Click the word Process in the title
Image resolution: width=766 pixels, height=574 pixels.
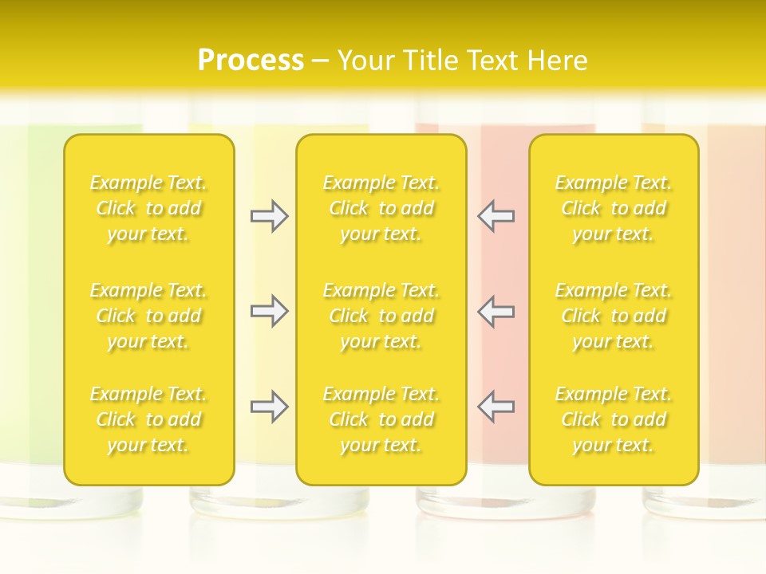pyautogui.click(x=251, y=60)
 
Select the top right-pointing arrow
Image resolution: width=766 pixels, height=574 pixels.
pyautogui.click(x=269, y=216)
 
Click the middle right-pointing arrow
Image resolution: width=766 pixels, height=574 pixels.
pyautogui.click(x=269, y=311)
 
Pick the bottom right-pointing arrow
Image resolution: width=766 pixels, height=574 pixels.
pyautogui.click(x=269, y=407)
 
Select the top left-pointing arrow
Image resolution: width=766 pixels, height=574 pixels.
pyautogui.click(x=496, y=216)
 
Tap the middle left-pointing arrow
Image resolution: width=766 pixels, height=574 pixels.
pyautogui.click(x=496, y=311)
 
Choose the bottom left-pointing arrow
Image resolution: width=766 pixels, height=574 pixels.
pyautogui.click(x=496, y=407)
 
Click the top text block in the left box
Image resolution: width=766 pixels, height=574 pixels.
pyautogui.click(x=148, y=208)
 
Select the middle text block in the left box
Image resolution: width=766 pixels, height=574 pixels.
pyautogui.click(x=148, y=316)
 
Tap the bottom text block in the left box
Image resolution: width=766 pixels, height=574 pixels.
pyautogui.click(x=148, y=419)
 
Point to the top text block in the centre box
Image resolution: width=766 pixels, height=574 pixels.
pyautogui.click(x=381, y=208)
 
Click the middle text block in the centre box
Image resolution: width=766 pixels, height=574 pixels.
pyautogui.click(x=381, y=316)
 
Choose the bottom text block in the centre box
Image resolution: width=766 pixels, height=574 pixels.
pyautogui.click(x=381, y=419)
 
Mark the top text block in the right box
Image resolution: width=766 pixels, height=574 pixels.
pyautogui.click(x=614, y=208)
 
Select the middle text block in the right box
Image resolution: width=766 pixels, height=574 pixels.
pyautogui.click(x=614, y=316)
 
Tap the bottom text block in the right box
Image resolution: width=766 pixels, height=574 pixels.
pyautogui.click(x=614, y=419)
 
